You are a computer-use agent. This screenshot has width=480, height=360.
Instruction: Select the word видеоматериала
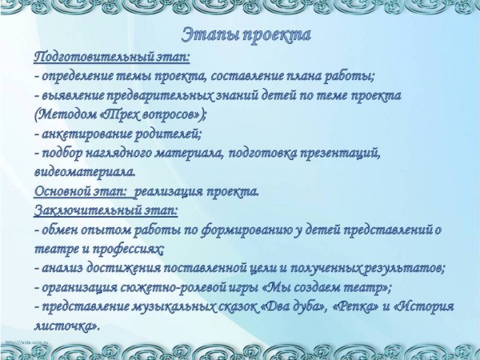coord(85,172)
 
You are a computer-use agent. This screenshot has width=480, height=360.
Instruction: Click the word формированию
coord(246,230)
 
